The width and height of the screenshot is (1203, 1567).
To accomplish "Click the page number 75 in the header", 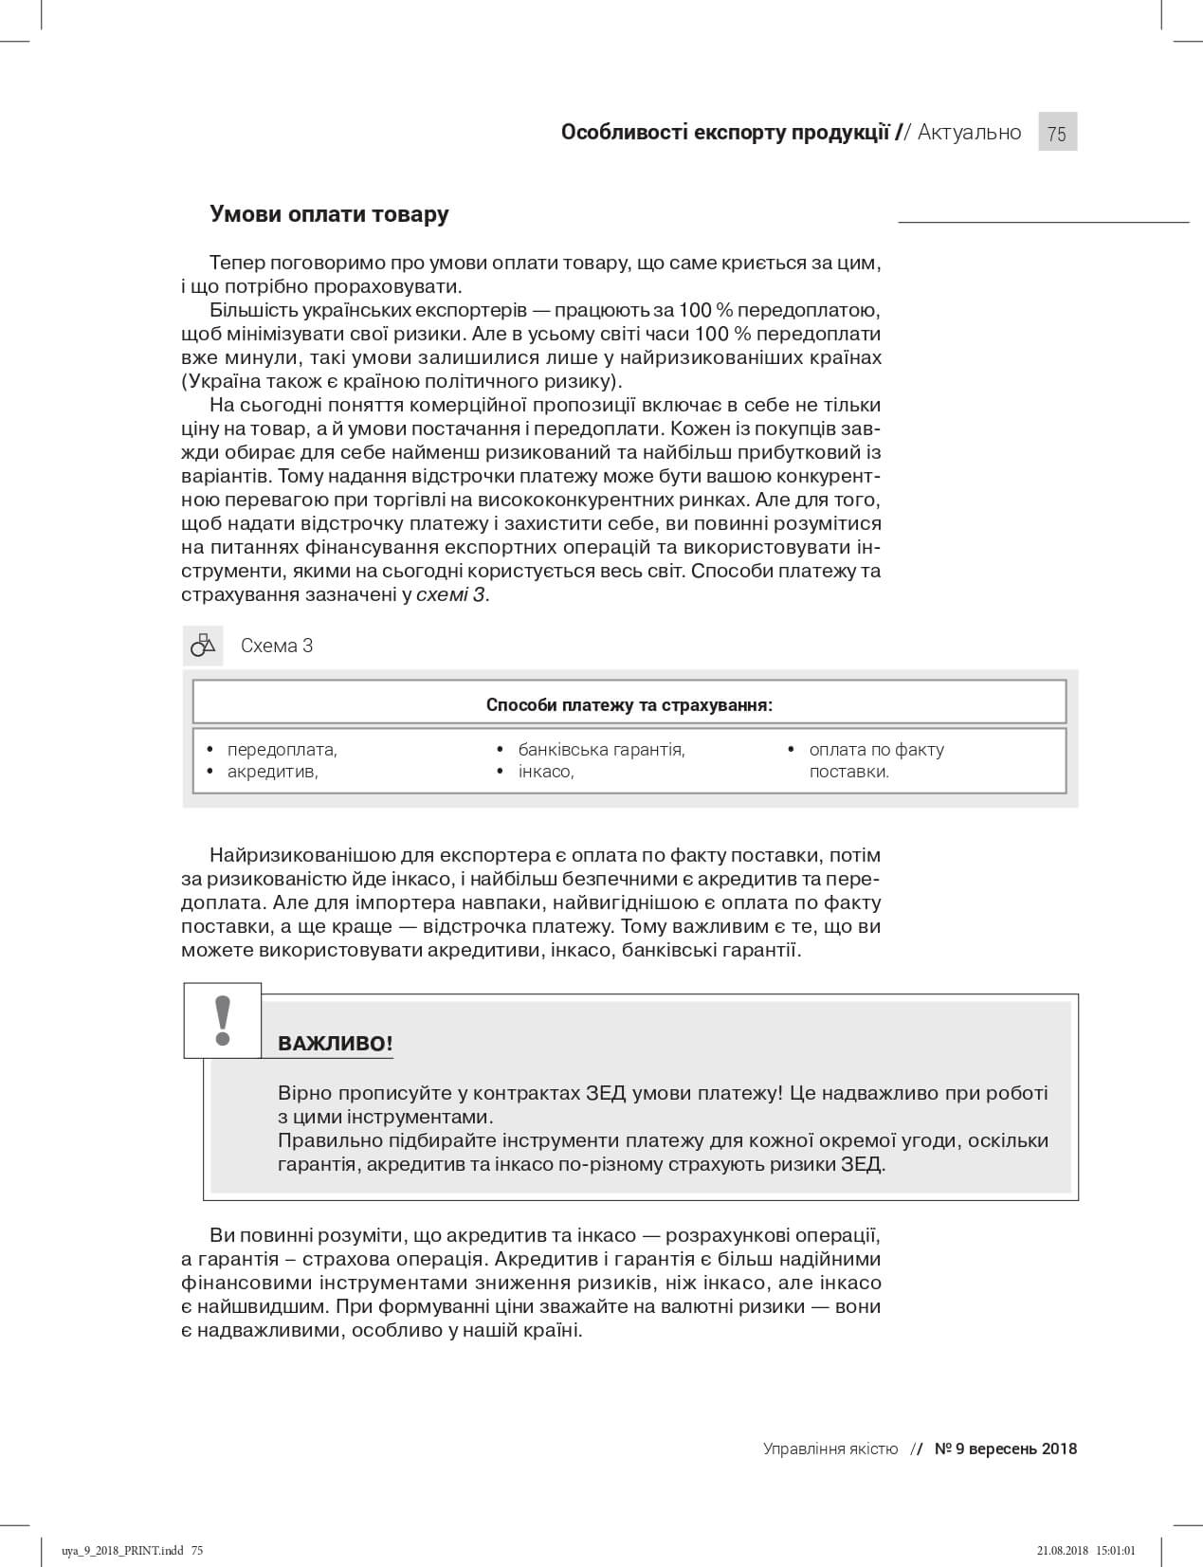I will click(x=1057, y=133).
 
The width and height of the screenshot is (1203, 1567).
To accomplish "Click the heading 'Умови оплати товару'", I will click(x=329, y=214).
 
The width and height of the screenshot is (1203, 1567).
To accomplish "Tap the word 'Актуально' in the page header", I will click(x=969, y=133).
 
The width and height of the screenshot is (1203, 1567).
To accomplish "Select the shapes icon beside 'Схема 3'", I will click(x=203, y=646).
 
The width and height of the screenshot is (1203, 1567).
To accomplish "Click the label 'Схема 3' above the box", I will click(x=277, y=646).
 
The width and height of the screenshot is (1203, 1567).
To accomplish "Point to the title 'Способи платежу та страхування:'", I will click(x=629, y=705).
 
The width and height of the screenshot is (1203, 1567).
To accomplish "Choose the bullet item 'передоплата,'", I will click(x=283, y=750).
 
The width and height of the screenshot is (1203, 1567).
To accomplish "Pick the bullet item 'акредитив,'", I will click(x=272, y=772).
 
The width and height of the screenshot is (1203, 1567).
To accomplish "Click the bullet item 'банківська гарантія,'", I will click(x=601, y=750).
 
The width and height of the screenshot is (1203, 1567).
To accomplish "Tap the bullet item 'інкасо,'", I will click(x=546, y=772).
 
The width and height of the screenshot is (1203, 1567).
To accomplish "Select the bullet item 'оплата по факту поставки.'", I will click(x=876, y=760).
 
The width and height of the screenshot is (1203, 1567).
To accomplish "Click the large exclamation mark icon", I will click(x=223, y=1020).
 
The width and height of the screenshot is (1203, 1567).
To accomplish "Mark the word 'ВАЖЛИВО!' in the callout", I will click(x=335, y=1045).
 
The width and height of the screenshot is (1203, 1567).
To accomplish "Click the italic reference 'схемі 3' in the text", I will click(x=451, y=595).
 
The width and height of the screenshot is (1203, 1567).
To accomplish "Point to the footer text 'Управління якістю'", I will click(x=830, y=1449).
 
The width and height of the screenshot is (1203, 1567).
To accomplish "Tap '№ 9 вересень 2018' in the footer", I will click(x=1006, y=1449).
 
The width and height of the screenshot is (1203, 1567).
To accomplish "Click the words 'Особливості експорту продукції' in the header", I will click(x=725, y=133).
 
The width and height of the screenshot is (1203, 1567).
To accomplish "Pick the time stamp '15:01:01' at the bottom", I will click(x=1115, y=1551).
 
